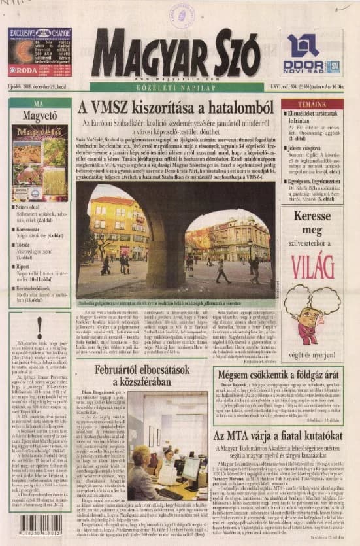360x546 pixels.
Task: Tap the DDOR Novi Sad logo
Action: pyautogui.click(x=311, y=52)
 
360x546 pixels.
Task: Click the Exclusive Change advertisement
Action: pyautogui.click(x=40, y=52)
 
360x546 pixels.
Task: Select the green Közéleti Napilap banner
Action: pyautogui.click(x=176, y=86)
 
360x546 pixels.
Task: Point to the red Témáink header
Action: pyautogui.click(x=312, y=105)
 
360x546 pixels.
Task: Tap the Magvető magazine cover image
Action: pyautogui.click(x=40, y=162)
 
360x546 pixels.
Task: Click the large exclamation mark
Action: pyautogui.click(x=40, y=328)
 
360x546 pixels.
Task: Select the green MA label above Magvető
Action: pyautogui.click(x=39, y=103)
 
